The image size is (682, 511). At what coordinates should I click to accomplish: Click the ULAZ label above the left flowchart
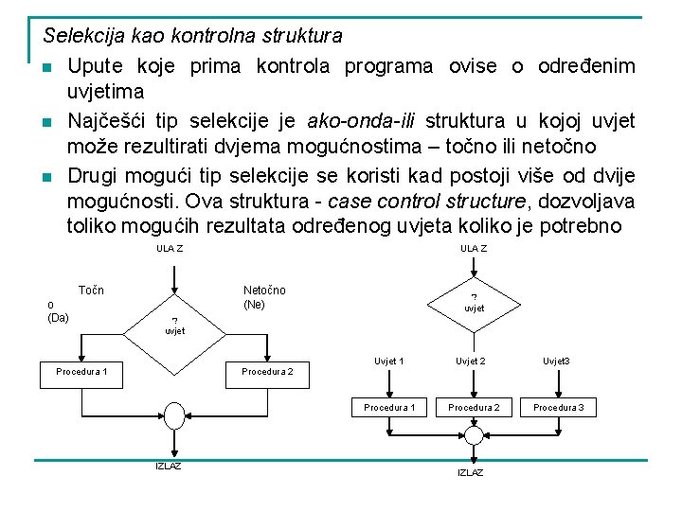click(170, 249)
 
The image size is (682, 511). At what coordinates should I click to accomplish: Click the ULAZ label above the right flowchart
click(474, 249)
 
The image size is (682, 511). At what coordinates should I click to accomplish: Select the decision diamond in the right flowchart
click(474, 303)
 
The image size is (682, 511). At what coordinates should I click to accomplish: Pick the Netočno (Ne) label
click(264, 297)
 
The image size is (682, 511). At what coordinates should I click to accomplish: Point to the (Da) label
click(58, 317)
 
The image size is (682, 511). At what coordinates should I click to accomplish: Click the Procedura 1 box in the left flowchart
click(81, 372)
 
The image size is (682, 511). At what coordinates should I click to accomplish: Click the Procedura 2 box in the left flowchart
click(267, 372)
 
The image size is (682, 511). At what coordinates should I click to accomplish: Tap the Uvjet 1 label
click(389, 361)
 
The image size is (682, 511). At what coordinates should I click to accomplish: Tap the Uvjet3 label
click(556, 361)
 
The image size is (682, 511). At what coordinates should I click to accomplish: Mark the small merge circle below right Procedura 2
click(473, 434)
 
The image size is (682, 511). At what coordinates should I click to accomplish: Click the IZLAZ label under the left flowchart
click(169, 466)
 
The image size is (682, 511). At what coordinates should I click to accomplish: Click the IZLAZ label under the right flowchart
click(471, 472)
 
